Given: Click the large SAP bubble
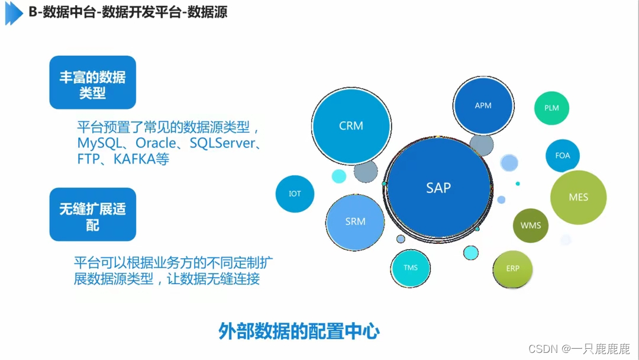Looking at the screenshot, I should pyautogui.click(x=438, y=188).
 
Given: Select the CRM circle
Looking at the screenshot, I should pyautogui.click(x=351, y=126).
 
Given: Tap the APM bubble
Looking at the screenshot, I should pyautogui.click(x=483, y=106).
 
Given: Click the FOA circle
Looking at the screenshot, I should pyautogui.click(x=562, y=155).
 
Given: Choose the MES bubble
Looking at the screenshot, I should pyautogui.click(x=578, y=197).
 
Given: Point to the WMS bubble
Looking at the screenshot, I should pyautogui.click(x=530, y=225).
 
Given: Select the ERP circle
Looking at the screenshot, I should pyautogui.click(x=512, y=268).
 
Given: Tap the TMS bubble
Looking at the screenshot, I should pyautogui.click(x=411, y=268).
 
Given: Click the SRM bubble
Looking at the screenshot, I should pyautogui.click(x=355, y=221).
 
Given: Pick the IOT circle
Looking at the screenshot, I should pyautogui.click(x=295, y=194).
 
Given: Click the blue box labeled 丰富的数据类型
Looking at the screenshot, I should pyautogui.click(x=92, y=83).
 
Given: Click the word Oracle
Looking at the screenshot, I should pyautogui.click(x=156, y=143).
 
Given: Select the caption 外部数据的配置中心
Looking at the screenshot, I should pyautogui.click(x=299, y=331).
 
